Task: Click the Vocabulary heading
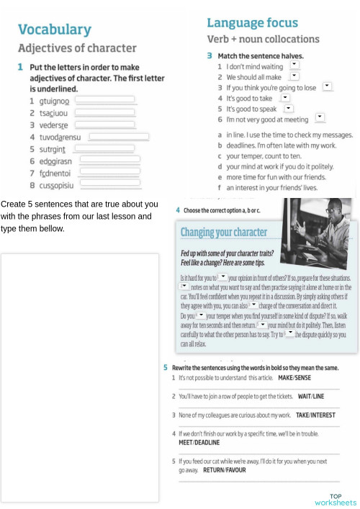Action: pyautogui.click(x=55, y=30)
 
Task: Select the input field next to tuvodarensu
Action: pyautogui.click(x=119, y=137)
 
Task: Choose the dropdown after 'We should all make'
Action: pyautogui.click(x=294, y=76)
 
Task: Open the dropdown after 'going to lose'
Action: pyautogui.click(x=328, y=86)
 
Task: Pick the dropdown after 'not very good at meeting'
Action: pyautogui.click(x=320, y=118)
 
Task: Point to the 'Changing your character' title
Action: pyautogui.click(x=223, y=233)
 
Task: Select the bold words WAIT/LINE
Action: pyautogui.click(x=308, y=396)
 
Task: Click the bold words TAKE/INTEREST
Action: pyautogui.click(x=316, y=415)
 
